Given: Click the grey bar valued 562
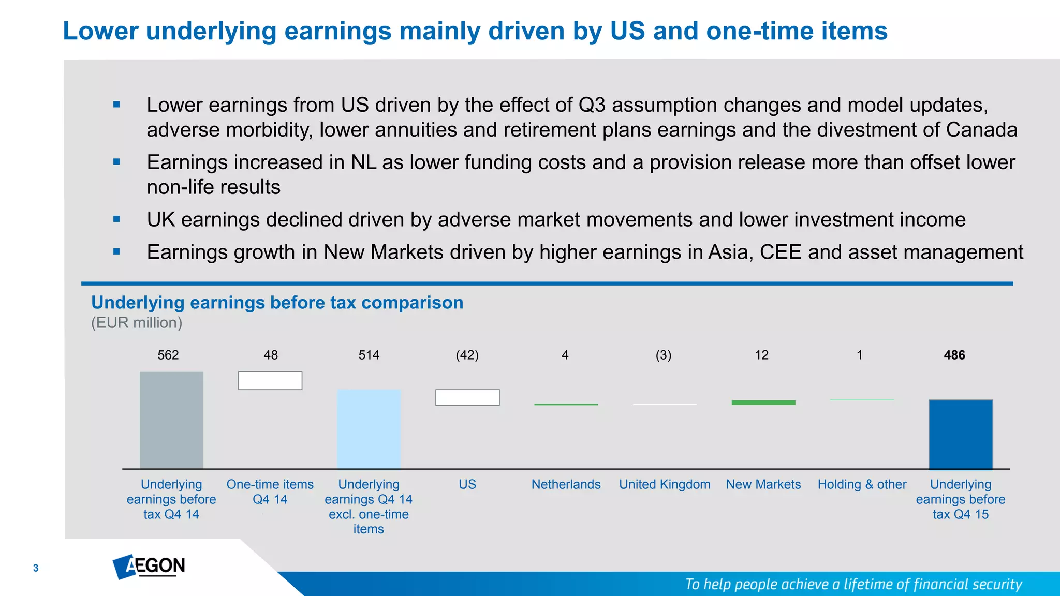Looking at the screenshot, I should (171, 420).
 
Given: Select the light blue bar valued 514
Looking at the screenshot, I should (369, 429).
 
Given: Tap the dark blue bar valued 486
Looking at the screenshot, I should (961, 434).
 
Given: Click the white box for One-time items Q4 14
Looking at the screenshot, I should (270, 381).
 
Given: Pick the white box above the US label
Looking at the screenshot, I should (467, 397).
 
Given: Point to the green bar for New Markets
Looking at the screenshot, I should (763, 403).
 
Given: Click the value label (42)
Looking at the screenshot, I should (467, 355).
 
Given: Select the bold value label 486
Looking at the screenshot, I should (954, 355).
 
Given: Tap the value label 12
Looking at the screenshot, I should (761, 355).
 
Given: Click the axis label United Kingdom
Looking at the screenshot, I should (665, 484).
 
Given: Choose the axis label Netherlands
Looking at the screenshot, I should (566, 484).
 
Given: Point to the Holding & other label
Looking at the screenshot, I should (862, 484).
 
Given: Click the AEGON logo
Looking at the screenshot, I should (149, 566).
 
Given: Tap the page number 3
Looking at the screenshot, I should (36, 568).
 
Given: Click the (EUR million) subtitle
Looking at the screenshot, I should (137, 323).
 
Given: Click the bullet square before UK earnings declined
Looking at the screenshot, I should (116, 219).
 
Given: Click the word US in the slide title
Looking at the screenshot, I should (627, 31).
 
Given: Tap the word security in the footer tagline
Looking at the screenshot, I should (997, 584).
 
